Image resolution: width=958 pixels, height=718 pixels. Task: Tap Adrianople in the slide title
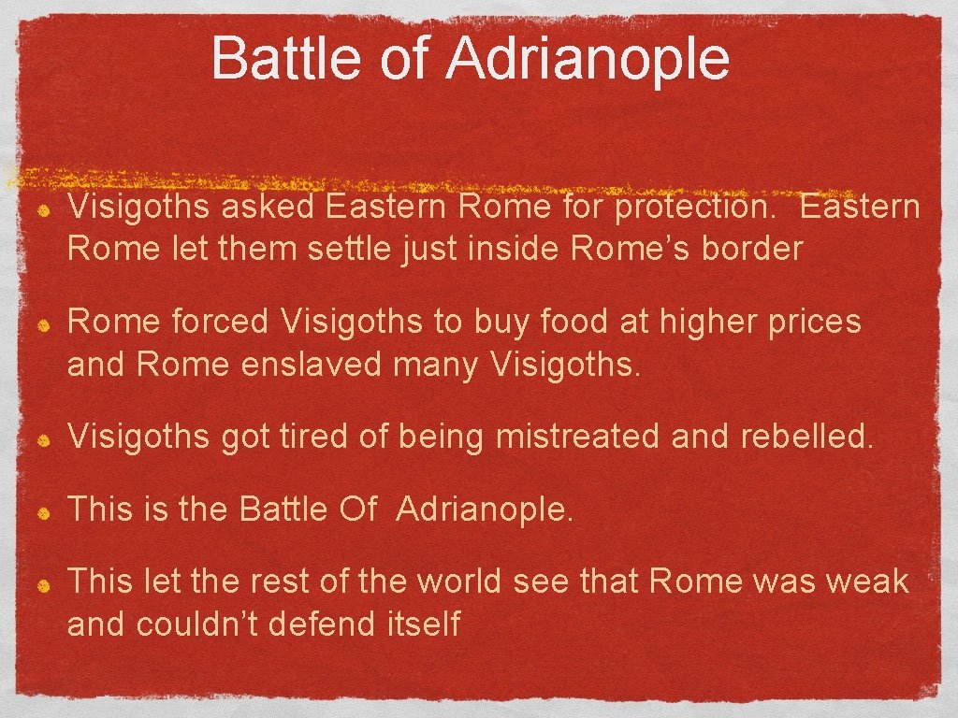click(588, 58)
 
